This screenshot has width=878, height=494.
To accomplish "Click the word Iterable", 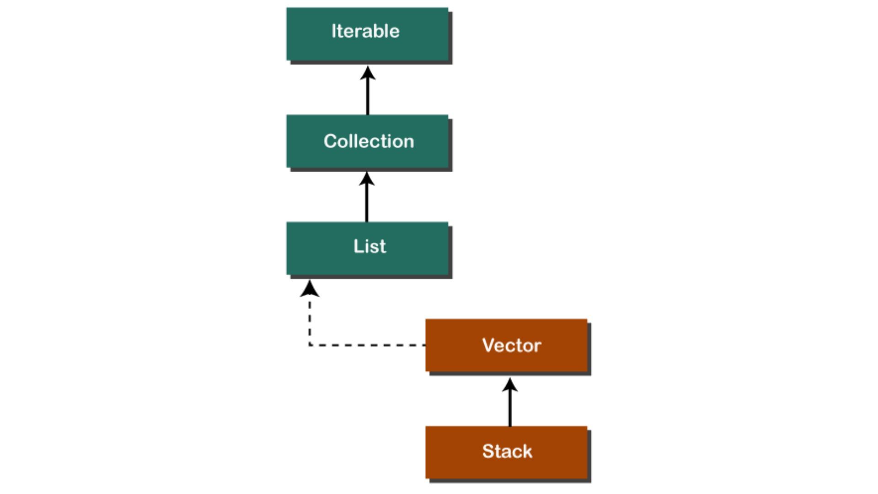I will coord(365,31).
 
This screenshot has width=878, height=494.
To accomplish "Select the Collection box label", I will coord(369,141).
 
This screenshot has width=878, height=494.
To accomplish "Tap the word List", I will coord(369,247).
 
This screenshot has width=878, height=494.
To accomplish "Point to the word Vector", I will coord(511,345).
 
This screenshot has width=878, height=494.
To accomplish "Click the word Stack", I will coord(507,451).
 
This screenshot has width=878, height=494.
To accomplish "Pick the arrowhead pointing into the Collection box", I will coord(366,179).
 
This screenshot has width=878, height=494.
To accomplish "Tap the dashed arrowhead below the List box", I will coord(310,289).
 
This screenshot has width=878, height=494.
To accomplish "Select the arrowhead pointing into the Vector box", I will coord(510,385).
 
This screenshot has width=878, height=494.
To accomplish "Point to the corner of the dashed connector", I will coord(310,345).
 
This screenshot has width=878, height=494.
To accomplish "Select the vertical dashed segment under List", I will coord(310,320).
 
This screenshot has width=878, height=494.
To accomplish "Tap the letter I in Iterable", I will coord(334,31).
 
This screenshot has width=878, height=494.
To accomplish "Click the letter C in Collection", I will coord(331,141).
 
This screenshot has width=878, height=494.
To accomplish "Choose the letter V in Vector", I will coord(488,345).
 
